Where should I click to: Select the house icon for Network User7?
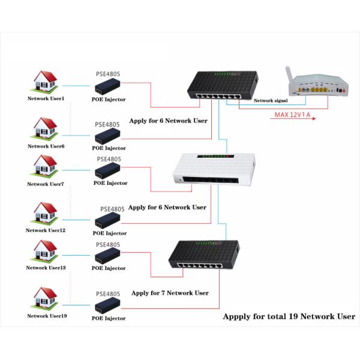coord(46,166)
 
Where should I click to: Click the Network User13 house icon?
coord(46,251)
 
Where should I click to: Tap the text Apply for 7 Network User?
coord(170,293)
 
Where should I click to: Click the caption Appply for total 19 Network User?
coord(289,317)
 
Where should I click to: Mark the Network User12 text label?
coord(46,230)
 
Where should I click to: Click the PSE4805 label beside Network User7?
coord(109,160)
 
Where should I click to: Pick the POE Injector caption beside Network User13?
coord(109,268)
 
